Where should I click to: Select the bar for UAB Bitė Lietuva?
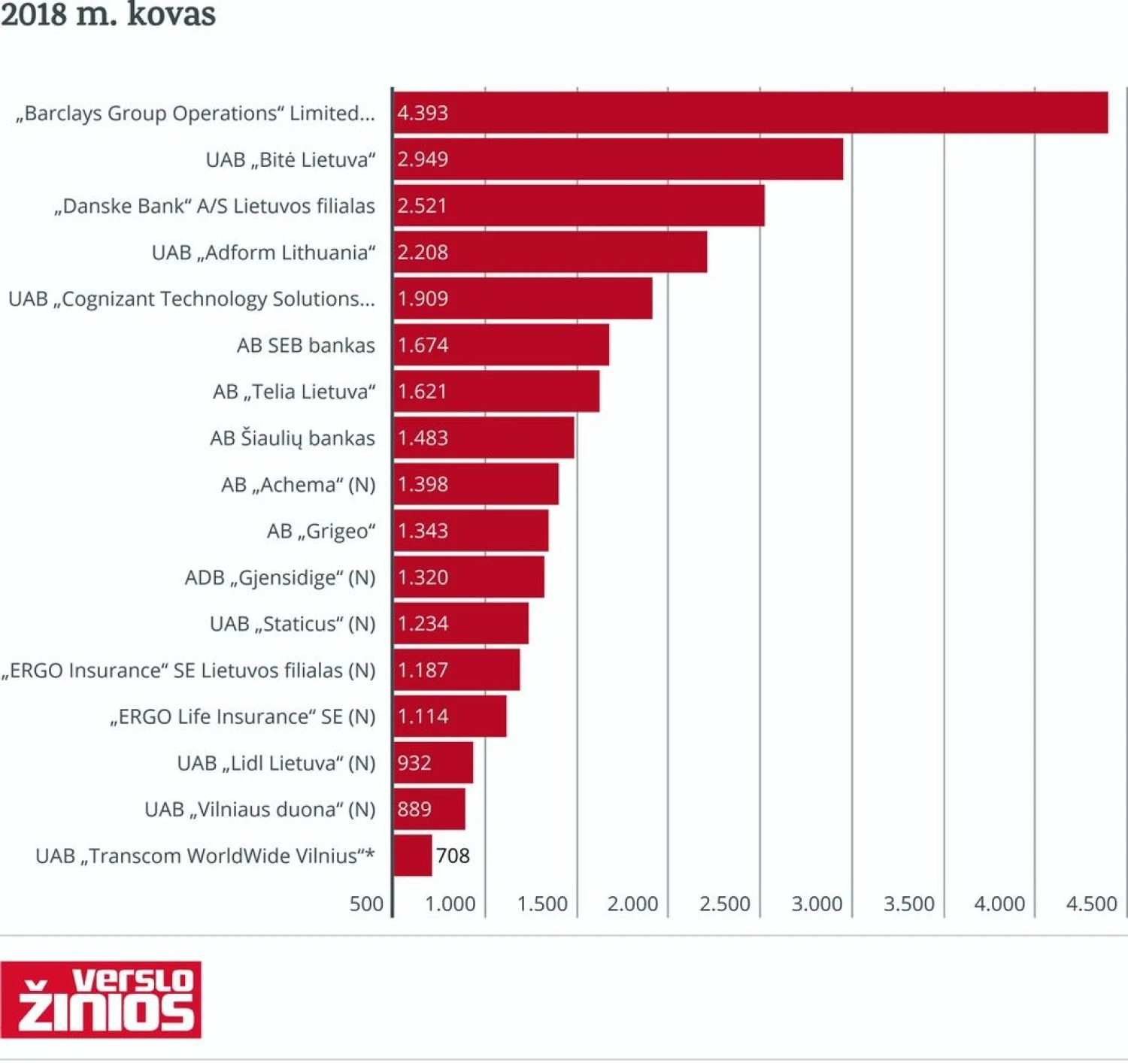coord(618,159)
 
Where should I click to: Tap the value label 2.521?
coord(422,206)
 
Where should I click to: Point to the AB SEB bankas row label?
coord(305,345)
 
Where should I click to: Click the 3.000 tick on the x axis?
coord(816,904)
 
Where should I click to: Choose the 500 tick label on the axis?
coord(366,904)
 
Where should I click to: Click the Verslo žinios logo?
coord(101,999)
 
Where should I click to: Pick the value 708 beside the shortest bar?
coord(453,856)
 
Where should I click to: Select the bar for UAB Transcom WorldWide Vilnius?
coord(413,856)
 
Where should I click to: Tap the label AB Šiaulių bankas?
coord(292,438)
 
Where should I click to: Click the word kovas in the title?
coord(171,14)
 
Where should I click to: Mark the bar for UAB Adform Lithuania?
coord(550,252)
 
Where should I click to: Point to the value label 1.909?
coord(423,298)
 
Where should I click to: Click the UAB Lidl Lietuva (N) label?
coord(276,763)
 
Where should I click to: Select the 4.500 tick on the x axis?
coord(1091,904)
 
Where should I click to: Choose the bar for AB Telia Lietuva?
coord(496,391)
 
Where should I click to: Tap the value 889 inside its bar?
coord(414,809)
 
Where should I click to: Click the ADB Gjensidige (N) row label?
coord(280,577)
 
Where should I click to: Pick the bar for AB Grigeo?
coord(471,531)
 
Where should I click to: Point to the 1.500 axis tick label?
coord(541,904)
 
